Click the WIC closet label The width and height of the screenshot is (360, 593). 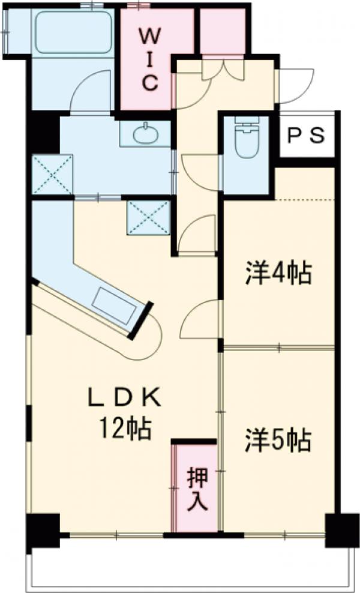(x=150, y=61)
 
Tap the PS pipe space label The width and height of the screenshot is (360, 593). (x=307, y=136)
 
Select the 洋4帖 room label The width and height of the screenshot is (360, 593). (x=279, y=274)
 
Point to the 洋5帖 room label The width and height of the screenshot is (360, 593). (x=278, y=440)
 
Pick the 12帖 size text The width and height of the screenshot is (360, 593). (x=125, y=429)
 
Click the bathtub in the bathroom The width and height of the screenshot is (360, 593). (x=74, y=31)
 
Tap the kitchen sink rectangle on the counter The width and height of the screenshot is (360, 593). (x=114, y=306)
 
